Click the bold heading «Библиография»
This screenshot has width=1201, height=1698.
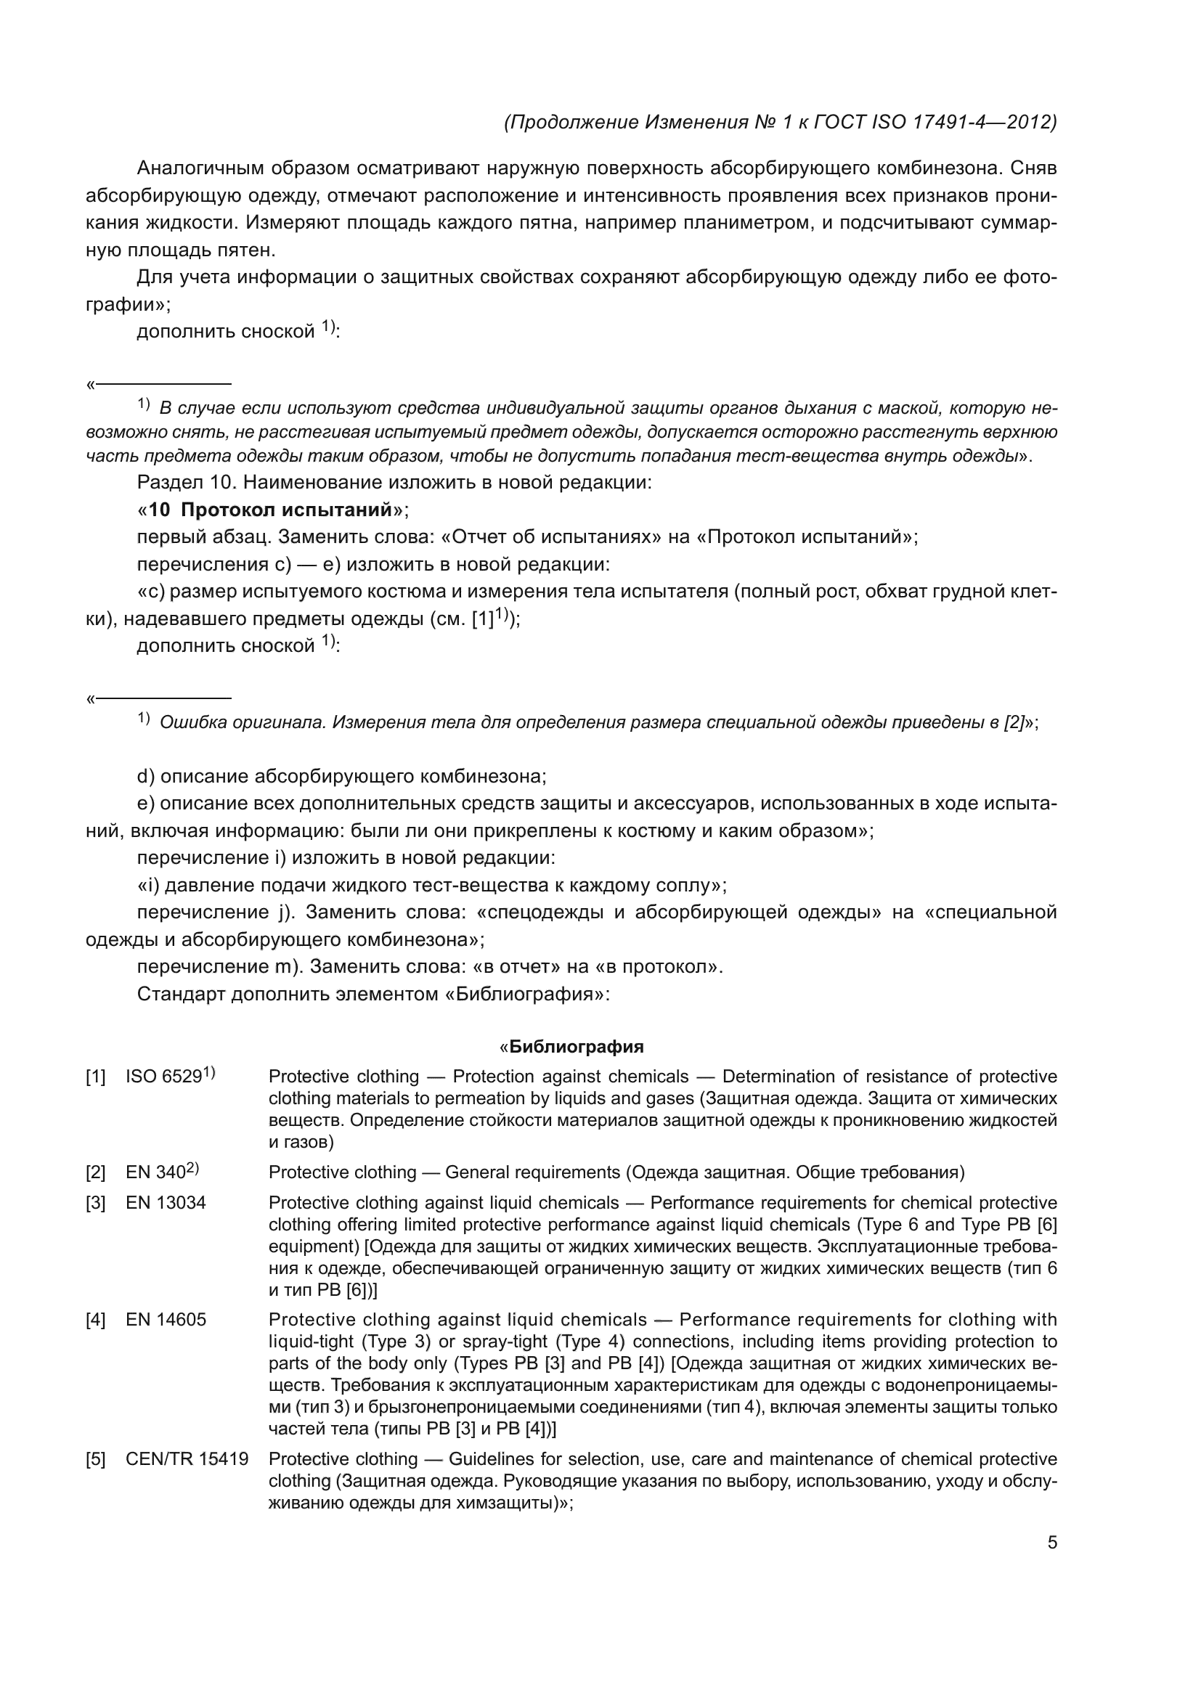576,1047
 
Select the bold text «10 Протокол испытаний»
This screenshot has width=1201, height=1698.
270,510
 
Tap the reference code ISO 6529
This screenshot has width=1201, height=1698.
164,1077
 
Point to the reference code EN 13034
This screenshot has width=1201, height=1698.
166,1203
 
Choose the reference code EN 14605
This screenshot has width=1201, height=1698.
166,1320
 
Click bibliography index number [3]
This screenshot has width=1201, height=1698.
95,1203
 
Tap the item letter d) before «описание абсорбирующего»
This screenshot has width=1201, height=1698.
146,777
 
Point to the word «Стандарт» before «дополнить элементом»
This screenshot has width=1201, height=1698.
182,994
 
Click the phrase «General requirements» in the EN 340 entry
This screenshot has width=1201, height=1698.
532,1173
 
